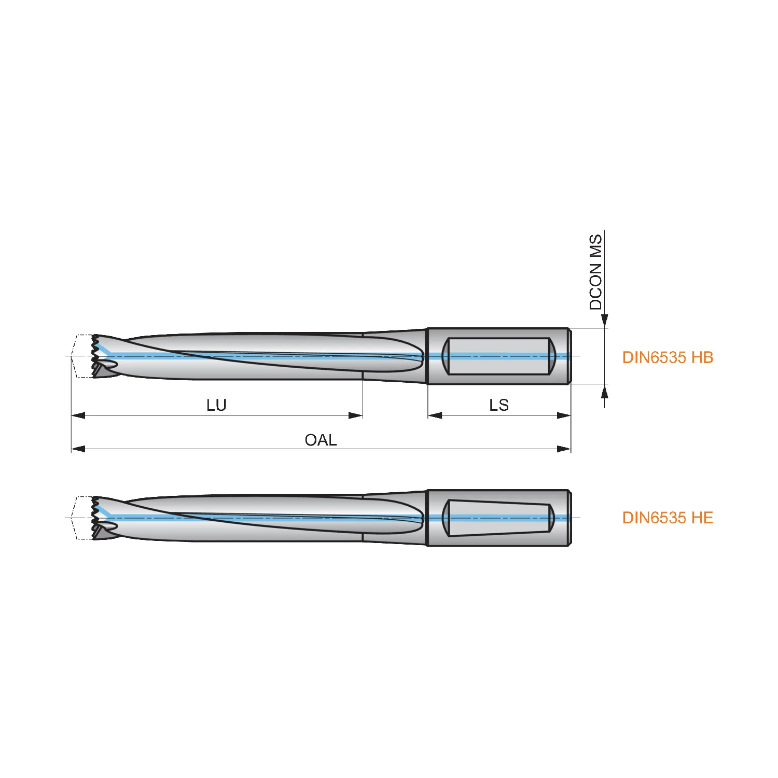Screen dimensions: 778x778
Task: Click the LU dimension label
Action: coord(216,405)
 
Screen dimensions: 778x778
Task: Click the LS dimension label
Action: coord(499,405)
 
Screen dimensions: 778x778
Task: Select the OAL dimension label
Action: coord(321,440)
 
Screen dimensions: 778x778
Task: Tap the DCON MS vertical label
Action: coord(596,272)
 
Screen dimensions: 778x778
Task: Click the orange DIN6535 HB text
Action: coord(668,357)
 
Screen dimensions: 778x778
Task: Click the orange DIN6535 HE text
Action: coord(668,518)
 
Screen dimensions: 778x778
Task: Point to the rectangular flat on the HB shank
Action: coord(498,356)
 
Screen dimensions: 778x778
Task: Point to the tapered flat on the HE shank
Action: coord(498,518)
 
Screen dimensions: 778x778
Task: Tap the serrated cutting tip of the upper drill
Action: coord(96,356)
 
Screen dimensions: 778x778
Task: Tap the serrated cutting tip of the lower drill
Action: coord(96,518)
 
